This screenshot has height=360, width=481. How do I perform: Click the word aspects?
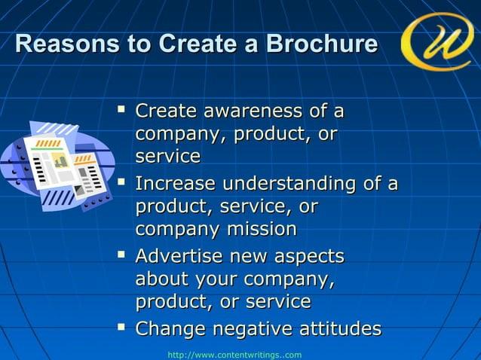click(x=305, y=257)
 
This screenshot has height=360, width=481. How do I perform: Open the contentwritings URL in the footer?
click(x=234, y=354)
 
